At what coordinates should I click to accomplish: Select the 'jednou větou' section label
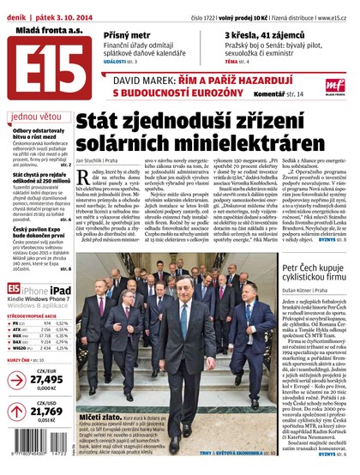pyautogui.click(x=34, y=116)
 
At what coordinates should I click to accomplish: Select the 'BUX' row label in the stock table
pyautogui.click(x=17, y=337)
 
